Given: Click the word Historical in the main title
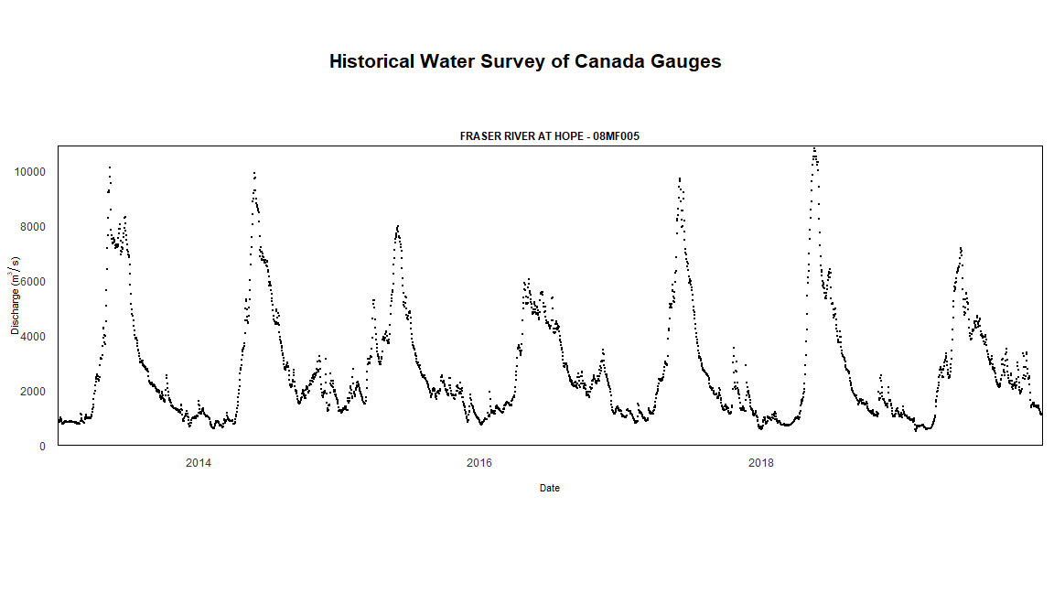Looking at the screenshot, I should (x=371, y=61).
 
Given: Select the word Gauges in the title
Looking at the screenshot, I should (x=685, y=61).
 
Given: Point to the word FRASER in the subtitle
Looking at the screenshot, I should (x=479, y=136).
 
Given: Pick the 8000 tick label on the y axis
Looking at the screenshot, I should (x=32, y=227).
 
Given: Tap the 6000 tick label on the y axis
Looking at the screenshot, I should (x=32, y=282).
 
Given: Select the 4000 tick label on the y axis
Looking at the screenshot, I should (x=32, y=337).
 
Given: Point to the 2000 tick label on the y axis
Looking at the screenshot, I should (x=32, y=392).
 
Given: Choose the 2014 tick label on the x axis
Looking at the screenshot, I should (x=199, y=463).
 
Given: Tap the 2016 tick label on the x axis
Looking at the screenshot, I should (x=479, y=463).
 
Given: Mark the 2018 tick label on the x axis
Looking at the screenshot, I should (x=761, y=463).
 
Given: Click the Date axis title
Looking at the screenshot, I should (x=550, y=489).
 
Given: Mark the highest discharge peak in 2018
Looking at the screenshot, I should (x=814, y=148).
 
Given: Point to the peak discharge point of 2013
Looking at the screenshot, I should (x=110, y=167).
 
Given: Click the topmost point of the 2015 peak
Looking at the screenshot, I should (x=398, y=225).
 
